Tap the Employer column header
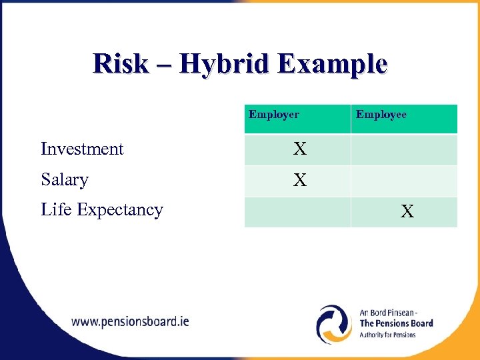274,115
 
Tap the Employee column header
381,115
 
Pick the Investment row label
82,149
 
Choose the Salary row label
65,179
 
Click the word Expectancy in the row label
120,210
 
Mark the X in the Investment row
300,149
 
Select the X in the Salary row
300,180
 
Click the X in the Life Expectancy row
407,212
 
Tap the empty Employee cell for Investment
404,149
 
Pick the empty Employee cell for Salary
404,181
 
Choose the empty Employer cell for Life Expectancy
297,212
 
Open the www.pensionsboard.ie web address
130,321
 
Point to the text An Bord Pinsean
388,313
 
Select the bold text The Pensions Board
396,323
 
